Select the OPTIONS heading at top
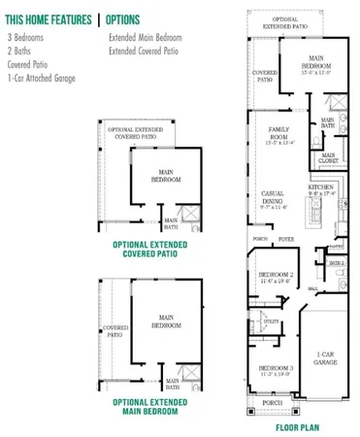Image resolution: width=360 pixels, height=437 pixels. (x=122, y=19)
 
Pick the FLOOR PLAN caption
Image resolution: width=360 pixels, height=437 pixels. (x=299, y=425)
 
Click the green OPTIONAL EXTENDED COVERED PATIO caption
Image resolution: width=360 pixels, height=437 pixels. (x=157, y=249)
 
